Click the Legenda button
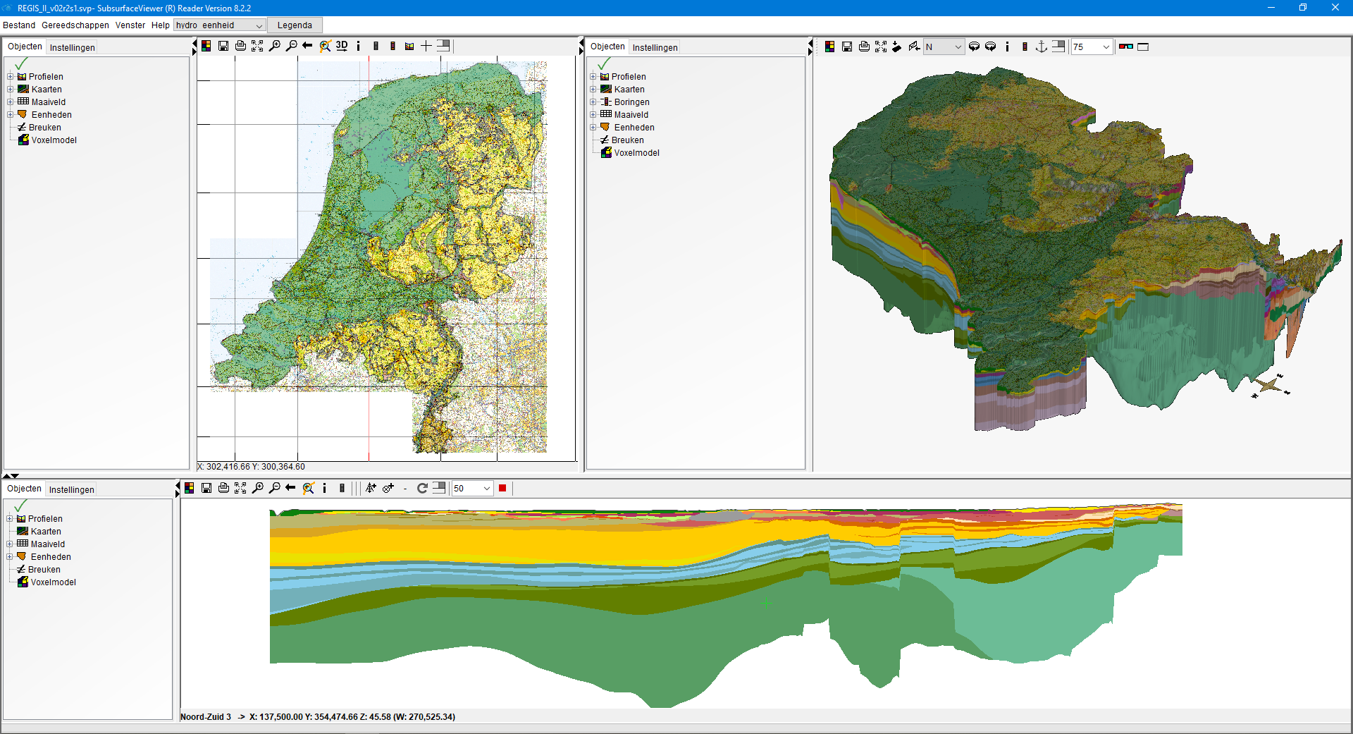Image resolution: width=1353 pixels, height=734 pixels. tap(295, 25)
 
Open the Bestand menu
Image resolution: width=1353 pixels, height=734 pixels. tap(19, 25)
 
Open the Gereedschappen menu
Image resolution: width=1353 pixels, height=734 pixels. tap(75, 25)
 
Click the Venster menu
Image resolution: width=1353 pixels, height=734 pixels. tap(130, 25)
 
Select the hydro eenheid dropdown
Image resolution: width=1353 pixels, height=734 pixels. tap(219, 25)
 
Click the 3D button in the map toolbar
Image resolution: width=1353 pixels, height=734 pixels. tap(342, 46)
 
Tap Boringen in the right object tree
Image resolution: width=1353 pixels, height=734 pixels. tap(631, 102)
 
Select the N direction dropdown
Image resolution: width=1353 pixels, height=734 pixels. tap(944, 47)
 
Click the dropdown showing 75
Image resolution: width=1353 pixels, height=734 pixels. tap(1091, 47)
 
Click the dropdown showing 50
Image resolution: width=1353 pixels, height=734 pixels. tap(472, 489)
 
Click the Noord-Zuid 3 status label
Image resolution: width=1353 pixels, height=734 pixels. tap(206, 717)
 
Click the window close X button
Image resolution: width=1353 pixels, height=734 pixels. tap(1335, 8)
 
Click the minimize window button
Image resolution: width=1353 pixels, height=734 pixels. tap(1271, 8)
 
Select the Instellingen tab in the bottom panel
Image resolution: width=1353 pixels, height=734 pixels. tap(71, 490)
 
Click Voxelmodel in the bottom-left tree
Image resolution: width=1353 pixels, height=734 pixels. tap(53, 582)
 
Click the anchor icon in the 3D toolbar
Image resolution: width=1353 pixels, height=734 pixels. tap(1042, 47)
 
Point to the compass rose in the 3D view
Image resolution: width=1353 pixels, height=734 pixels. tap(1270, 386)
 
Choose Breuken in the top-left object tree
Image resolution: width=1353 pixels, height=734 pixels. tap(44, 128)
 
